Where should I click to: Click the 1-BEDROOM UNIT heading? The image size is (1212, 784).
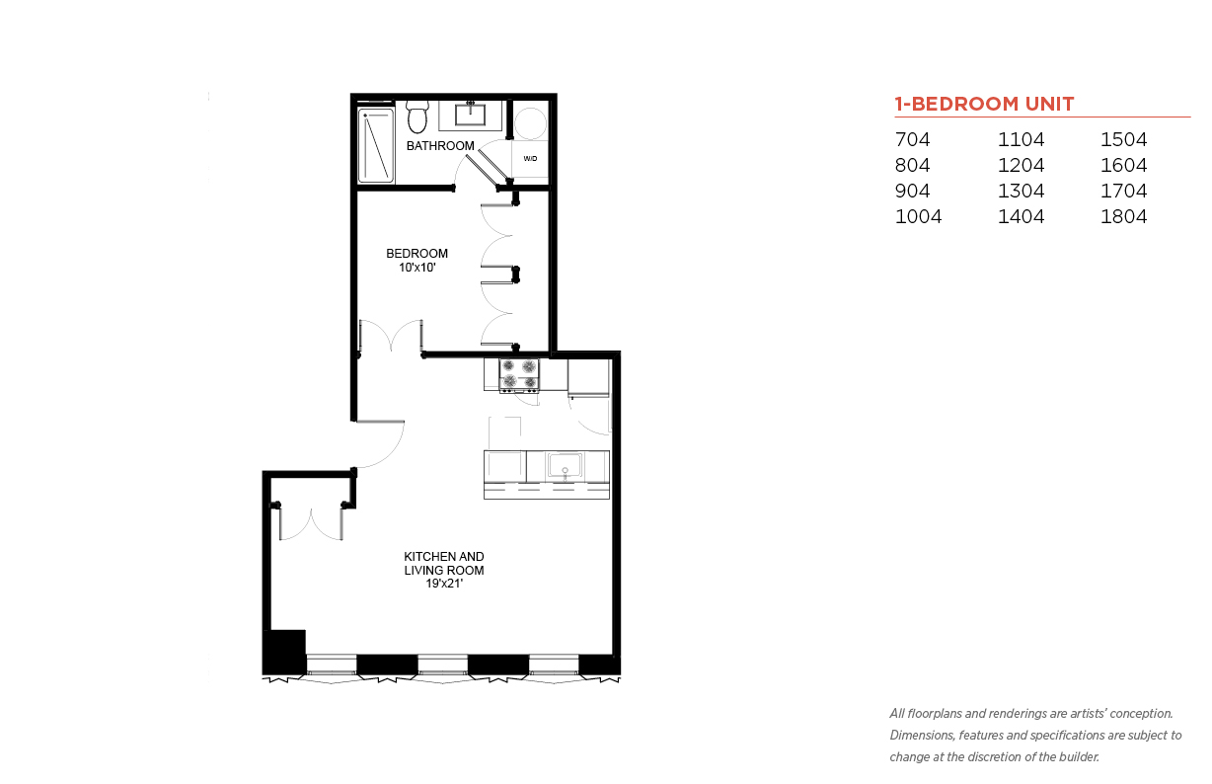coord(984,104)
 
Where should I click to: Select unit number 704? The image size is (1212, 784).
coord(912,139)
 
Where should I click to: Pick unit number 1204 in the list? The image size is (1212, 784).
coord(1021,165)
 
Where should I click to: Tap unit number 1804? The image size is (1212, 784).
coord(1123,216)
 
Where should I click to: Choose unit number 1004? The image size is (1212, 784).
coord(918,216)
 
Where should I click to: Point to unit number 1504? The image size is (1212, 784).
coord(1123,139)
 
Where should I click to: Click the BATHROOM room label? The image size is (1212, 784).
coord(440,146)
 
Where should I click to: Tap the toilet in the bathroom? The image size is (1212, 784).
coord(417,117)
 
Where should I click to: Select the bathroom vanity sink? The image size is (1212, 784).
coord(470,115)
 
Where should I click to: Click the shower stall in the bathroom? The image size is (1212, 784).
coord(376,145)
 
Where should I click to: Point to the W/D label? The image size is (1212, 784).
coord(530,159)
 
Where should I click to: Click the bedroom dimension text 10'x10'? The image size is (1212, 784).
coord(417,268)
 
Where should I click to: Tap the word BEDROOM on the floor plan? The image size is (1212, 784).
coord(417,254)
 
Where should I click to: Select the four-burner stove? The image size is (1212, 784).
coord(519,375)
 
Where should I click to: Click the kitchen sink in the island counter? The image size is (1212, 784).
coord(565,465)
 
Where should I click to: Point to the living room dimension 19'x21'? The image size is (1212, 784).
coord(444,584)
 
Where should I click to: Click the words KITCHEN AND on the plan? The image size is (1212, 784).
coord(444,557)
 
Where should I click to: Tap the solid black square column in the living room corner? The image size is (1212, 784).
coord(284,652)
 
